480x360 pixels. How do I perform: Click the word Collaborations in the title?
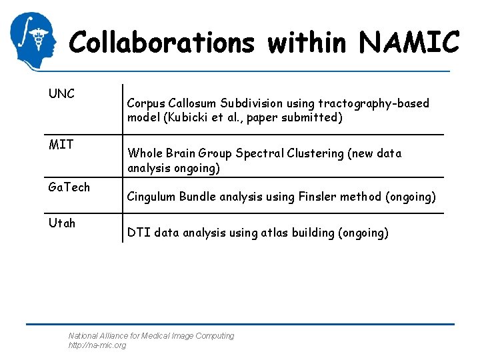[x=161, y=43]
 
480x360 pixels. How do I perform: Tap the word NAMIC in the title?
[x=409, y=43]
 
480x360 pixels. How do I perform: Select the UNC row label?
[x=61, y=94]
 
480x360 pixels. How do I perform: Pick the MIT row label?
[x=61, y=144]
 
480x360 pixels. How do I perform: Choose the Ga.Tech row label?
[x=69, y=187]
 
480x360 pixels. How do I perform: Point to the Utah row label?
[x=62, y=223]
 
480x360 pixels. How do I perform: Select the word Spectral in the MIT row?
[x=261, y=153]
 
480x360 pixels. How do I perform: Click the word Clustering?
[x=313, y=153]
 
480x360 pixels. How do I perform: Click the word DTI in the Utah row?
[x=139, y=233]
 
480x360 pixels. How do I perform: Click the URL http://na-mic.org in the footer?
[x=97, y=345]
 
